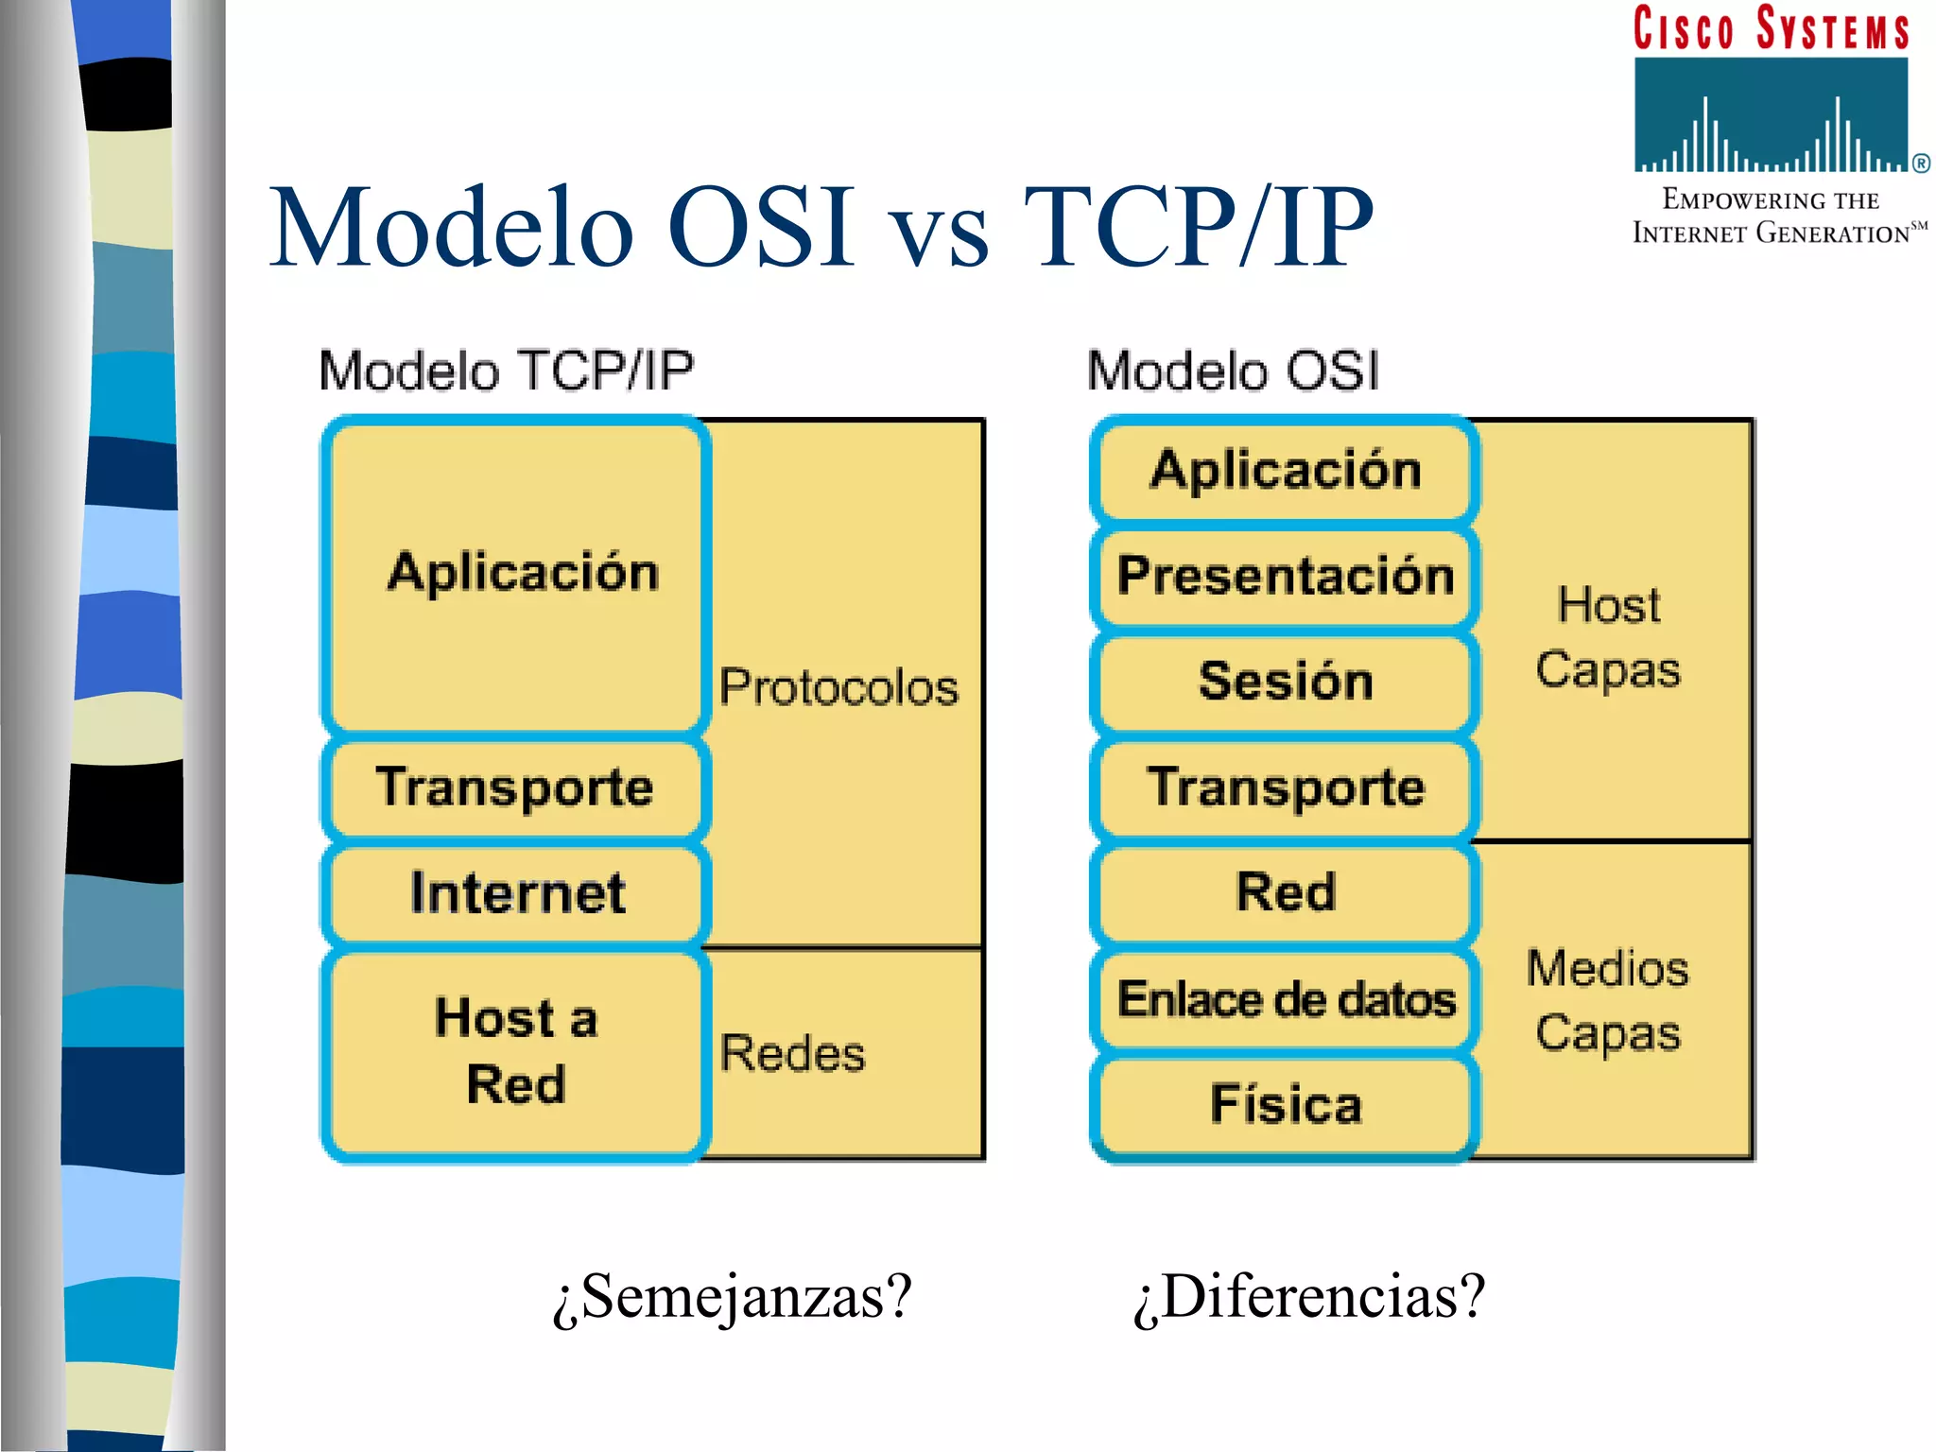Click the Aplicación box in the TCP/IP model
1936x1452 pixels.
tap(515, 574)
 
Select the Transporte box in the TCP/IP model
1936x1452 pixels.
tap(515, 787)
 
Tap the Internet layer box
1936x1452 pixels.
tap(515, 893)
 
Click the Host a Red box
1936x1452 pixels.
tap(515, 1051)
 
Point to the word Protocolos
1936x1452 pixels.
tap(838, 687)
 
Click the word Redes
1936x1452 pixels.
tap(792, 1053)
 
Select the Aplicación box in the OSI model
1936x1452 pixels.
tap(1285, 470)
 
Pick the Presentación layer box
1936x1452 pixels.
tap(1285, 576)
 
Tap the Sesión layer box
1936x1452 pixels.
tap(1285, 682)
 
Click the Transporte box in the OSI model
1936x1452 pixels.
tap(1285, 787)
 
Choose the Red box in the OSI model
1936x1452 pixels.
tap(1285, 892)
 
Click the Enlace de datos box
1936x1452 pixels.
tap(1285, 999)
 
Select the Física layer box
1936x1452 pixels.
tap(1285, 1104)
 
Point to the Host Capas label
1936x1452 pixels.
tap(1608, 637)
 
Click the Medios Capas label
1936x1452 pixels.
tap(1608, 1000)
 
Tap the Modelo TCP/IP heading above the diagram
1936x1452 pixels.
tap(507, 371)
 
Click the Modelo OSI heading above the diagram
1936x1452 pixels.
tap(1233, 371)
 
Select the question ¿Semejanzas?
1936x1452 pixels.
tap(733, 1297)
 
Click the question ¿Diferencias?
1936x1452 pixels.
tap(1309, 1297)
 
